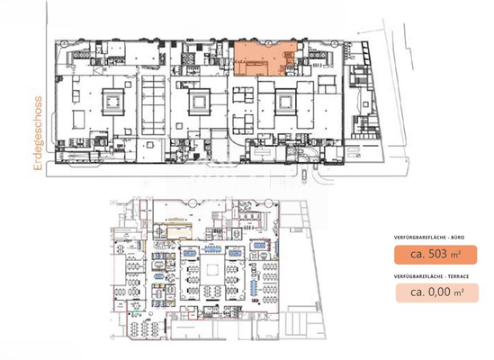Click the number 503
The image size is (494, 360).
[441, 254]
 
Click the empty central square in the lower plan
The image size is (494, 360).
[213, 268]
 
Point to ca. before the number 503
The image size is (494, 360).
[418, 254]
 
